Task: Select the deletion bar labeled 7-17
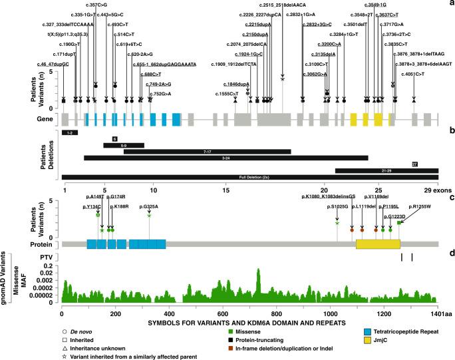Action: (207, 151)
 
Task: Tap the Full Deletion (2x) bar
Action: (249, 177)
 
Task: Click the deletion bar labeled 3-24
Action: (226, 158)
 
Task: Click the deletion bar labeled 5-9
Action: (123, 144)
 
